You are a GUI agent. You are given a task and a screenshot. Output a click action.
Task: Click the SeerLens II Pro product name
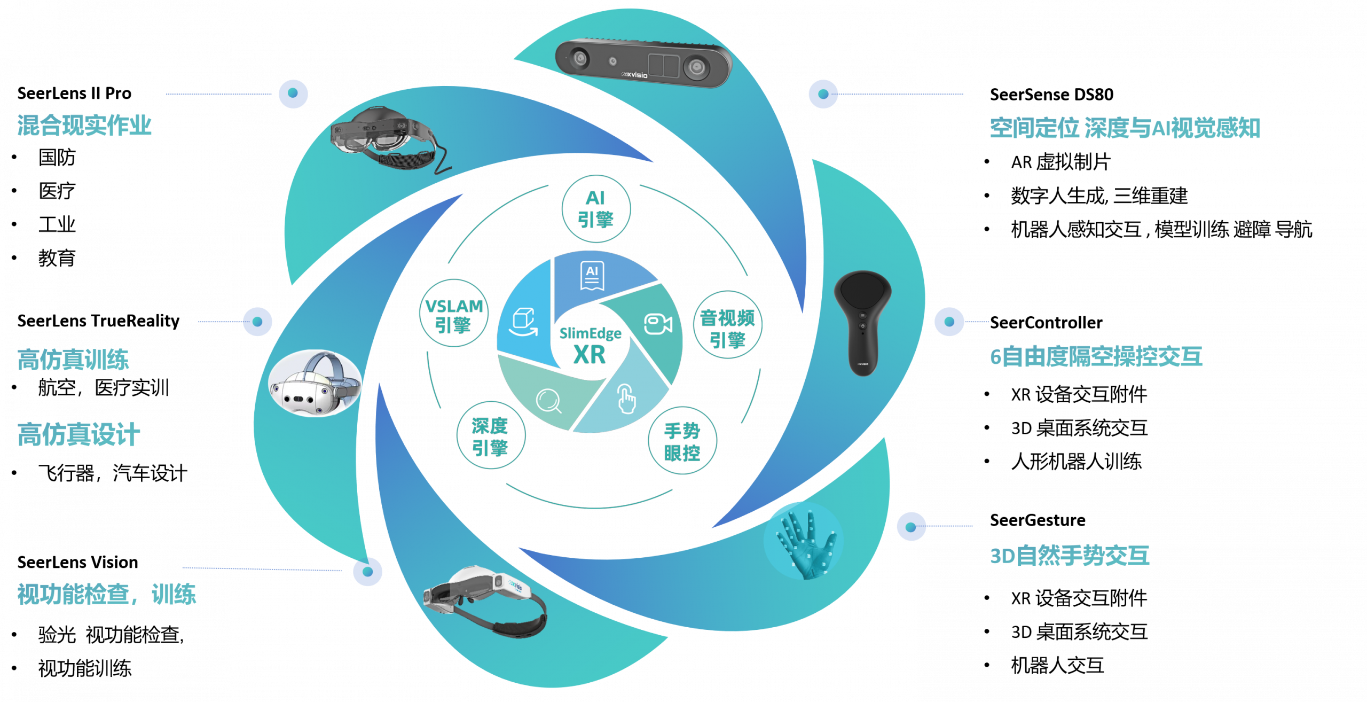click(x=74, y=93)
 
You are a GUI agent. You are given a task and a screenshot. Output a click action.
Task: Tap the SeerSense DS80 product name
click(x=1051, y=95)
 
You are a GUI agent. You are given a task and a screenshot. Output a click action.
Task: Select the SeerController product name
click(x=1046, y=323)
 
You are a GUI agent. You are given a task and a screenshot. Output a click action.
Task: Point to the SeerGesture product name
click(x=1037, y=520)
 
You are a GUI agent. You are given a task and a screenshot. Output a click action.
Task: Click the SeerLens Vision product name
click(x=77, y=562)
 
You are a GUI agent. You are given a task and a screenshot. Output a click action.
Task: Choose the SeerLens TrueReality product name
click(x=98, y=321)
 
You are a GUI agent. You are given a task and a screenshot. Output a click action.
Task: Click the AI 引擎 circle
click(x=596, y=209)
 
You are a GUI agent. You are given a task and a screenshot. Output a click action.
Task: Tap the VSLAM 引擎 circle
click(x=454, y=314)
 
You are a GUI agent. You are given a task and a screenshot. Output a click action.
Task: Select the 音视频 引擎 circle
click(x=727, y=325)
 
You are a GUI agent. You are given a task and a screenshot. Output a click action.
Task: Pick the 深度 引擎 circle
click(x=491, y=435)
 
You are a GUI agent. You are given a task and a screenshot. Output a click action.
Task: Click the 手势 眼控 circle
click(x=682, y=441)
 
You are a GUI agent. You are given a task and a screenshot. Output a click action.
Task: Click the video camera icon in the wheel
click(x=658, y=324)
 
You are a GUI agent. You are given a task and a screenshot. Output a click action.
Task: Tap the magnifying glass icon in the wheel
click(x=549, y=401)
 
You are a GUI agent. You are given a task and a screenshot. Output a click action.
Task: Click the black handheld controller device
click(x=862, y=323)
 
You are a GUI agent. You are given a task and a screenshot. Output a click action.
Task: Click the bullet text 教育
click(x=57, y=259)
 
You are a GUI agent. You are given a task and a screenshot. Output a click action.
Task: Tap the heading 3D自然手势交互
click(x=1070, y=556)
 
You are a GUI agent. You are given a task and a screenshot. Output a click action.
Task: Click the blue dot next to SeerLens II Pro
click(x=293, y=93)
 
